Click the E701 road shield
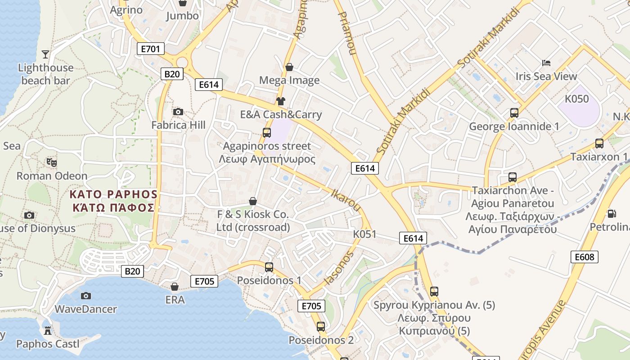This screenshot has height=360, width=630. pos(150,49)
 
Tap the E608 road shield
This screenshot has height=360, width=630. pos(585,257)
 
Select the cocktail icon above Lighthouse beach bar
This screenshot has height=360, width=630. pos(45,54)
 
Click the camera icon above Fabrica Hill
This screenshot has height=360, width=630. pos(178,112)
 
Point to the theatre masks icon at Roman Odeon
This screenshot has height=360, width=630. pos(52,162)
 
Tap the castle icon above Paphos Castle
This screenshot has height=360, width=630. pos(47,331)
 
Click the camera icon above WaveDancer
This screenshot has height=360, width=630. pos(85,296)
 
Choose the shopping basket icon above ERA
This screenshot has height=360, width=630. pos(175,286)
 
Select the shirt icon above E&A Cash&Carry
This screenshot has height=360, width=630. pos(281,101)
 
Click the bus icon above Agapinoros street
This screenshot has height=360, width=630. pos(267,132)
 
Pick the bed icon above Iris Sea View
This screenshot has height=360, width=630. pos(546,63)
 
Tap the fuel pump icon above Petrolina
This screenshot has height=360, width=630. pos(612,214)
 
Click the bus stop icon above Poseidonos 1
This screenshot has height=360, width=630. pos(269,267)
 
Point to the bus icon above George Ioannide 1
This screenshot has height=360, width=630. pos(514,113)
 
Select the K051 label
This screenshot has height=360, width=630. pos(364,234)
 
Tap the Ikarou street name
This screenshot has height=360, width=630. pos(346,200)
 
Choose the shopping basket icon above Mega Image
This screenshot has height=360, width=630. pos(289,67)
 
